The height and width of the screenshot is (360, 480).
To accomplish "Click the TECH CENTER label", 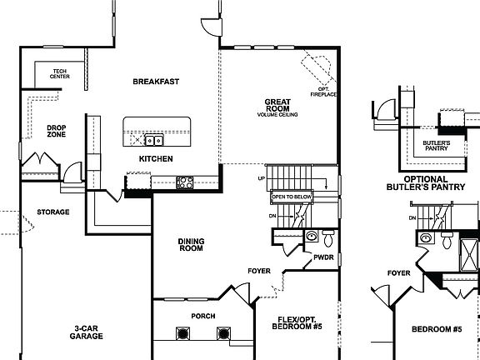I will [59, 74].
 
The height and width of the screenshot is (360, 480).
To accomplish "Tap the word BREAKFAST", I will [157, 82].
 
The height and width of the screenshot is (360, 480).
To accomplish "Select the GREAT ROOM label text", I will [277, 106].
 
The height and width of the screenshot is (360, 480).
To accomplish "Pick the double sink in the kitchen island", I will [153, 140].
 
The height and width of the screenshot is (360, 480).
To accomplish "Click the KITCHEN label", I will [156, 158].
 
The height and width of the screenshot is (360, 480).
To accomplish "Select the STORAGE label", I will [53, 212].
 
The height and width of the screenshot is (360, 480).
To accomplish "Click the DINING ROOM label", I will [191, 244].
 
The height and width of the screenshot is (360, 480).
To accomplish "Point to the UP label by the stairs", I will [261, 179].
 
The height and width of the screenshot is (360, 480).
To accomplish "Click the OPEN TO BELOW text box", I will [292, 197].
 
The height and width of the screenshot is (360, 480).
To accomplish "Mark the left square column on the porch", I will [182, 333].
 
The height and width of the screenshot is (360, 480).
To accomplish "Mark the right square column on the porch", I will [222, 333].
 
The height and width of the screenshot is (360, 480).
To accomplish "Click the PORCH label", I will [203, 316].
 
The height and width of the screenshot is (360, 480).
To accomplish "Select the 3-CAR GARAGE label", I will [87, 332].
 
